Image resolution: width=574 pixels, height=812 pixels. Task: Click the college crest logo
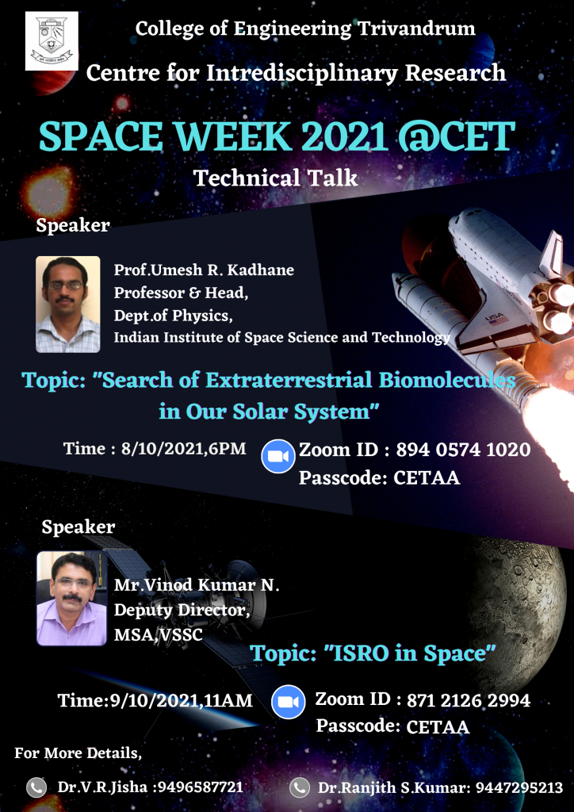52,41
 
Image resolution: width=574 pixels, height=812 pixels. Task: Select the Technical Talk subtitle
275,178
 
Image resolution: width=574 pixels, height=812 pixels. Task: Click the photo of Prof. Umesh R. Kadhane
68,304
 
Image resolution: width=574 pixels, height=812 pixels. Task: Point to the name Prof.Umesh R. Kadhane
204,270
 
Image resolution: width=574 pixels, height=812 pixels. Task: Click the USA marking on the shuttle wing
493,317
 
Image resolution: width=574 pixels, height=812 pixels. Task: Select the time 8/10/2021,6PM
184,449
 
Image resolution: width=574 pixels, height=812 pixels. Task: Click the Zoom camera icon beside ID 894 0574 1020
278,456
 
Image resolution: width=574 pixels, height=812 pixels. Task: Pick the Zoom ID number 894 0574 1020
463,450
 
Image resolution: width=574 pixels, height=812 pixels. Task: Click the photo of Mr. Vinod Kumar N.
72,598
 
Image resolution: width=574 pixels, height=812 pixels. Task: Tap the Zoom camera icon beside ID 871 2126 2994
289,702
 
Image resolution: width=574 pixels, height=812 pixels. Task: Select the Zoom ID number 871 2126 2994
469,701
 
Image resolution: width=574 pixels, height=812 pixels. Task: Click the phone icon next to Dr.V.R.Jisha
36,787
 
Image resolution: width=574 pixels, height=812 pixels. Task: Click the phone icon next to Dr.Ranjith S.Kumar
300,787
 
